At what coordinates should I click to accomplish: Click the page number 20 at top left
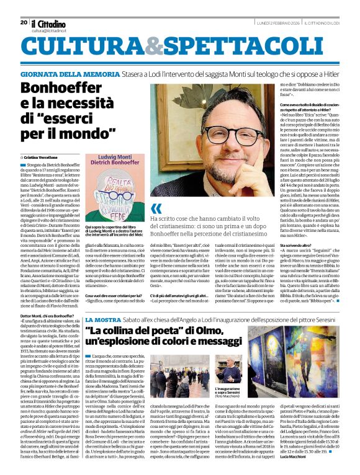coord(24,22)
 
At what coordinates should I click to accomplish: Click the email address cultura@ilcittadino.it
coord(52,30)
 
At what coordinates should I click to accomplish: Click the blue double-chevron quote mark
coord(156,208)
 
